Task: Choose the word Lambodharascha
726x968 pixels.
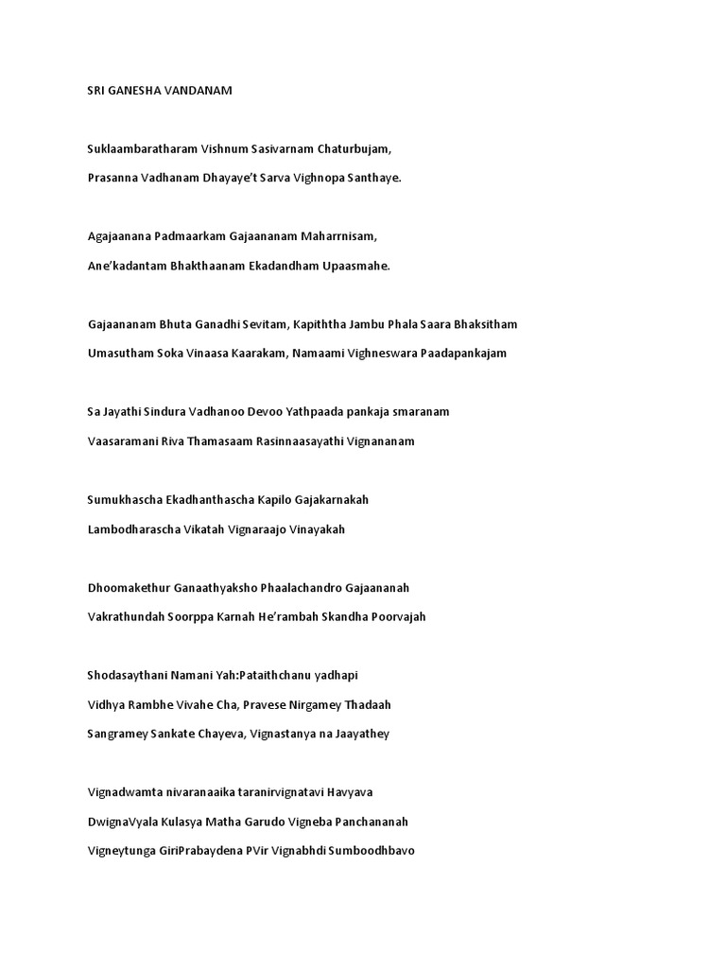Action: coord(133,529)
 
